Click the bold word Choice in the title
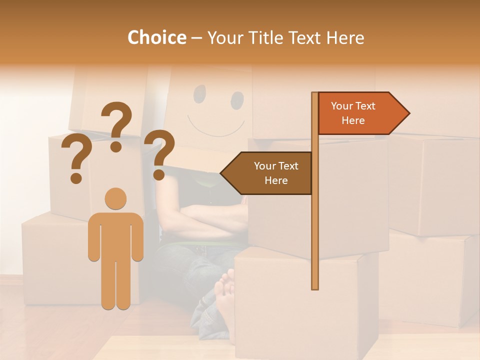tap(156, 37)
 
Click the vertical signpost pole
tap(314, 225)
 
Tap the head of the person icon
tap(116, 198)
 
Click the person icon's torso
tap(116, 235)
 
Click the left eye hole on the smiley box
tap(199, 92)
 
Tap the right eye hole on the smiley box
tap(237, 100)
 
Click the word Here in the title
tap(345, 38)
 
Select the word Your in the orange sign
tap(342, 106)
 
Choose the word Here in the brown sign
tap(276, 180)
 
